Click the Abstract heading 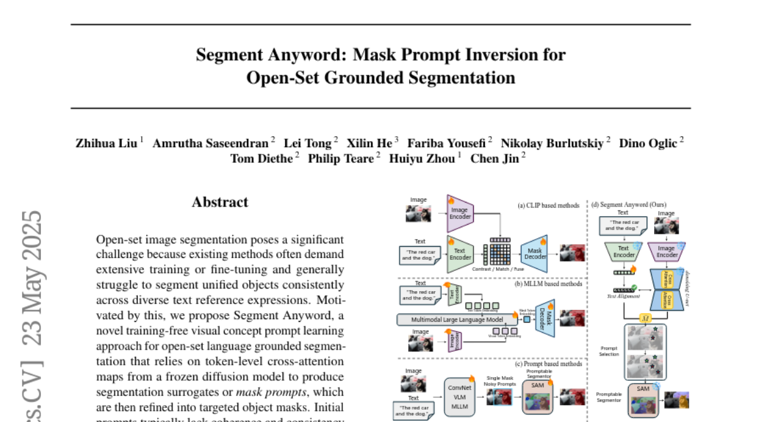point(220,203)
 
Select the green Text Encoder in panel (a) point(460,253)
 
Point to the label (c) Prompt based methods point(548,364)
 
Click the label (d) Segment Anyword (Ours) point(629,204)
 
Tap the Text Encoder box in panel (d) point(623,251)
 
